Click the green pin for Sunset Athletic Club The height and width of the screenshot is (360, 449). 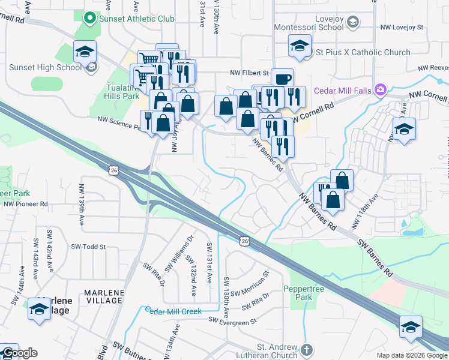click(x=90, y=19)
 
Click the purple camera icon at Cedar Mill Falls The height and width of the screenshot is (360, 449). click(x=379, y=90)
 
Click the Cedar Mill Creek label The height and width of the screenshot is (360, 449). click(x=173, y=311)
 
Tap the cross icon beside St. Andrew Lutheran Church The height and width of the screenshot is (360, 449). click(x=306, y=349)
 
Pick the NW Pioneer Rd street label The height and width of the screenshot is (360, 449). click(x=25, y=204)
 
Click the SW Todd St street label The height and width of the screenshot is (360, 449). click(x=88, y=247)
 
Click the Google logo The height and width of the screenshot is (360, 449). click(x=19, y=353)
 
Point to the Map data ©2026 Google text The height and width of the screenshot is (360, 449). click(x=411, y=355)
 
